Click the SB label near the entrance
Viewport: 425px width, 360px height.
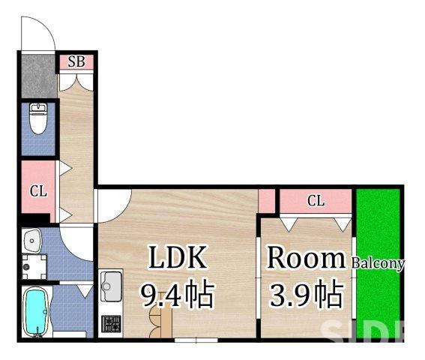tap(76, 62)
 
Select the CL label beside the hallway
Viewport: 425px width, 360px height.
tap(37, 191)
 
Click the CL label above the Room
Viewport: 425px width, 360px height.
tap(316, 200)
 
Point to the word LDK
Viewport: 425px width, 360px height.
tap(177, 259)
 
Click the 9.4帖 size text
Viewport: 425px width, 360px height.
tap(178, 295)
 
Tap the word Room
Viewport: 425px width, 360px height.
tap(306, 259)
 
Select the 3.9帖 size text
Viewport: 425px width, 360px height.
tap(305, 294)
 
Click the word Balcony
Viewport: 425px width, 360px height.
tap(379, 263)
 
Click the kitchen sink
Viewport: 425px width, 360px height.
tap(111, 286)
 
